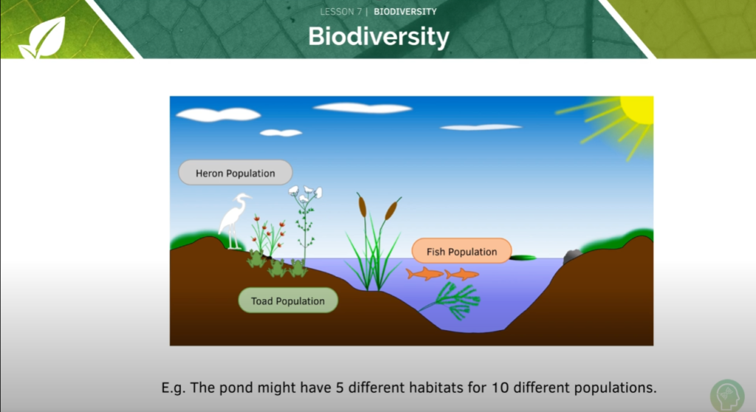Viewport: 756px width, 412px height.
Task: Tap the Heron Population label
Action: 236,174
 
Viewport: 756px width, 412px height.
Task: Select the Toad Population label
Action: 288,301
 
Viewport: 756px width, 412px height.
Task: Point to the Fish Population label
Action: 461,252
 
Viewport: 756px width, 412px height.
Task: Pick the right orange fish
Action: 463,274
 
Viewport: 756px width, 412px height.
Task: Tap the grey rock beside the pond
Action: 573,256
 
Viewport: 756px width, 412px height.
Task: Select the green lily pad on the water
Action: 523,258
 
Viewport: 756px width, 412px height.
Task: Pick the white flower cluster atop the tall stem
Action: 305,193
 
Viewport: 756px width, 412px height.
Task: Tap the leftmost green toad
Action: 256,259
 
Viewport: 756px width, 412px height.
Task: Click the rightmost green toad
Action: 298,267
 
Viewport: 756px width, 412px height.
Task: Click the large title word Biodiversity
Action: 378,36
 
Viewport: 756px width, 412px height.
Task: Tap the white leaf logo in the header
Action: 43,38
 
